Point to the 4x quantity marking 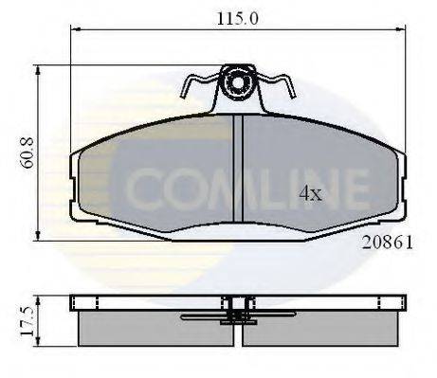point(311,194)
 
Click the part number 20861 point(386,242)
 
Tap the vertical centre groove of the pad point(237,175)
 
